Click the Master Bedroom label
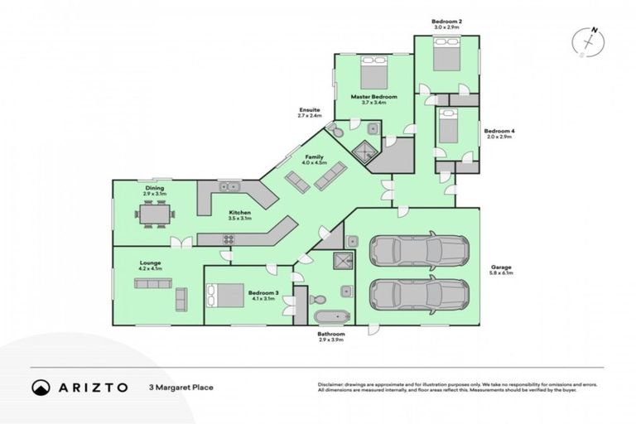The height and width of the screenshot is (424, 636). point(373,97)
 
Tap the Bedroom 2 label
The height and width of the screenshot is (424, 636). point(446,20)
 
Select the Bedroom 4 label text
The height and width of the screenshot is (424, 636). point(499,131)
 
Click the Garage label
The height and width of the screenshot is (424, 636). point(501,267)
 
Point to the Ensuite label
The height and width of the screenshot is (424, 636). point(310,110)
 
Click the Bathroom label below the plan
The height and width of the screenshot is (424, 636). point(330,334)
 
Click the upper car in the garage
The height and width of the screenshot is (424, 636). point(418,250)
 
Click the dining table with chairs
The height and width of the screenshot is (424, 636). point(155,214)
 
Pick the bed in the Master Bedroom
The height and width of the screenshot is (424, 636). point(373,72)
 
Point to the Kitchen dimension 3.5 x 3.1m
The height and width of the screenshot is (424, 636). point(239,218)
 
